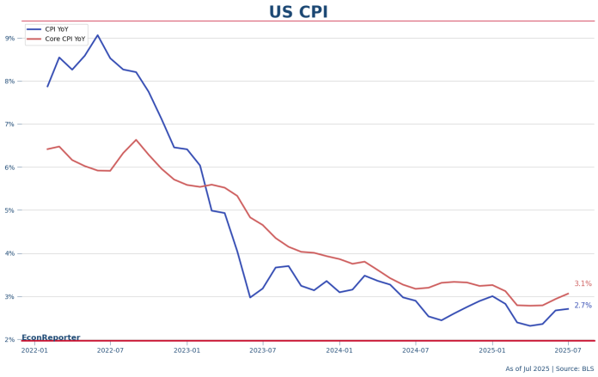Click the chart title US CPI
pyautogui.click(x=298, y=12)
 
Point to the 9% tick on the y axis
pyautogui.click(x=9, y=38)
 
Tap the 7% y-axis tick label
pyautogui.click(x=9, y=125)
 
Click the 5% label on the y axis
pyautogui.click(x=9, y=210)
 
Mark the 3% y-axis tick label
pyautogui.click(x=9, y=297)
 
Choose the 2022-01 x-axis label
pyautogui.click(x=34, y=350)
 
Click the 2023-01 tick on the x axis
pyautogui.click(x=186, y=350)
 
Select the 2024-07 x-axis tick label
pyautogui.click(x=416, y=350)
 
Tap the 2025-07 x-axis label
pyautogui.click(x=568, y=350)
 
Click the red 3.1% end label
pyautogui.click(x=583, y=284)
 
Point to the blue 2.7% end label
pyautogui.click(x=583, y=306)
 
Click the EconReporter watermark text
pyautogui.click(x=51, y=337)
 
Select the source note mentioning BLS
pyautogui.click(x=549, y=369)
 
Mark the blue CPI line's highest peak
pyautogui.click(x=97, y=35)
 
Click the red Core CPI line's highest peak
pyautogui.click(x=136, y=140)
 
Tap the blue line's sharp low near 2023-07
pyautogui.click(x=250, y=297)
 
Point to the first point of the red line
pyautogui.click(x=47, y=149)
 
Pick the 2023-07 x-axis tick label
pyautogui.click(x=263, y=350)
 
